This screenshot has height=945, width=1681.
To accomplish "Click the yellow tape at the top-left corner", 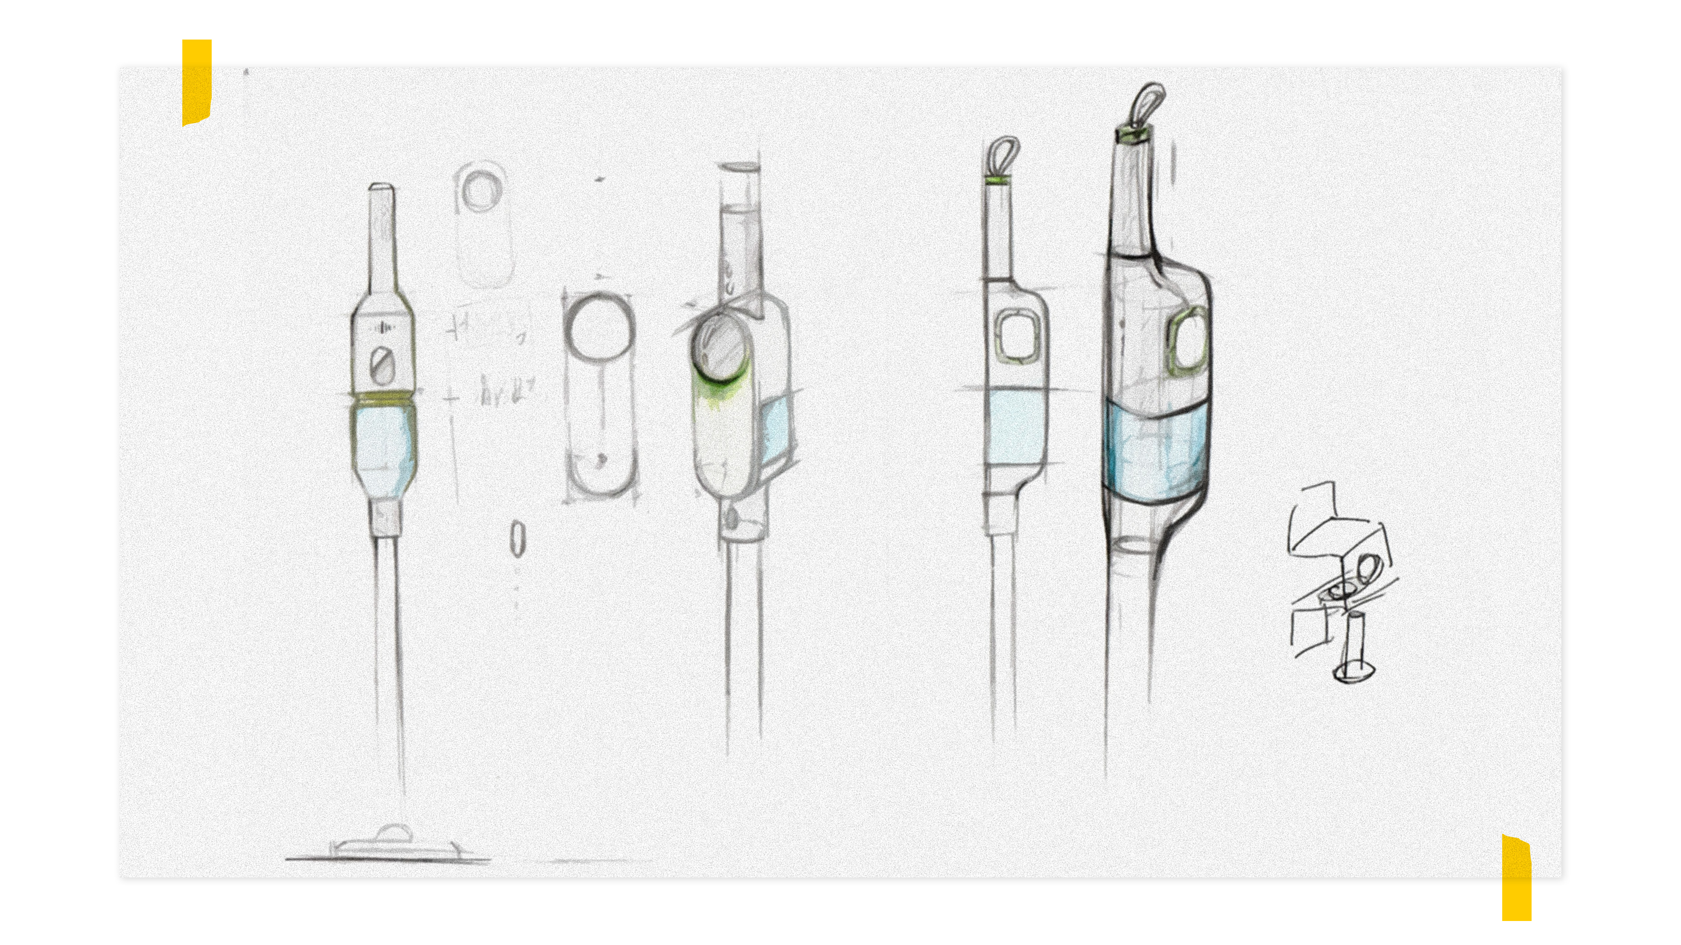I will pos(197,81).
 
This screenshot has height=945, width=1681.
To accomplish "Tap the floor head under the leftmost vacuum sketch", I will pos(394,843).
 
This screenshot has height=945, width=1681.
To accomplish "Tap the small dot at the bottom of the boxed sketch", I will pos(600,460).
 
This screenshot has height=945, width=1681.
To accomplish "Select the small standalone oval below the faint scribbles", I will pos(518,539).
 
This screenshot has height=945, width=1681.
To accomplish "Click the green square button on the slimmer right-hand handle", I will pos(1017,336).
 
